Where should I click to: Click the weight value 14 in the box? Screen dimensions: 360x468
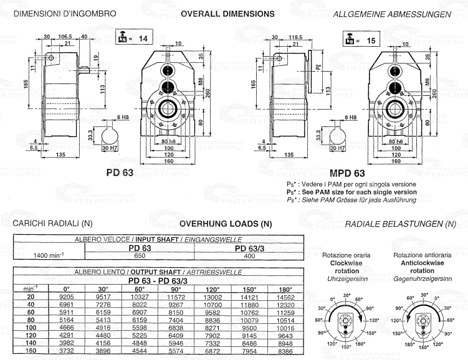tap(143, 39)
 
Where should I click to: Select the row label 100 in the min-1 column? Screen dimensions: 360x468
tap(27, 327)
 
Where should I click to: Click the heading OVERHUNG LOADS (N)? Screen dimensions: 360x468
tap(226, 223)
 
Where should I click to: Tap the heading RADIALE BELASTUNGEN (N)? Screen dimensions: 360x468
tap(399, 223)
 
